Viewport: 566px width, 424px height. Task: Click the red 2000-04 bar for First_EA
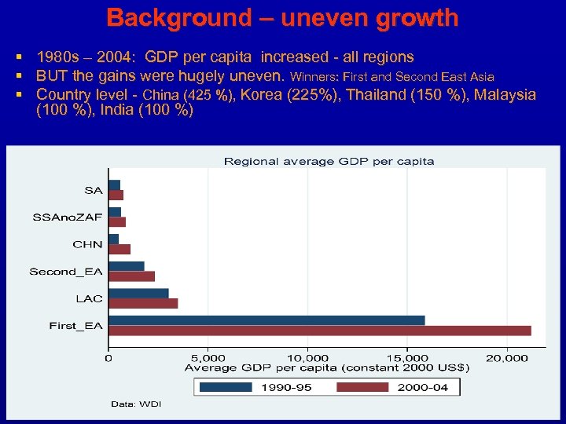coord(319,331)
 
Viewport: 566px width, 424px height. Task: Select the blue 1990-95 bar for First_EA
coord(266,320)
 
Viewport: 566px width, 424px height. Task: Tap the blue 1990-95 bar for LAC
coord(138,293)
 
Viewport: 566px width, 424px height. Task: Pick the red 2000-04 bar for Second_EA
coord(131,276)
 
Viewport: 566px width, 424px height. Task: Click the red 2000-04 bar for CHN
coord(119,249)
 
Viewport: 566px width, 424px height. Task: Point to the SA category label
coord(93,190)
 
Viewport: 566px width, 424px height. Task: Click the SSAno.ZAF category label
coord(68,217)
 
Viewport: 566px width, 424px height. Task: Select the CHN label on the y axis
coord(87,244)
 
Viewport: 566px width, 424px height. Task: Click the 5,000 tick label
coord(208,358)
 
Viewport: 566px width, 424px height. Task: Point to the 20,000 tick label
coord(507,358)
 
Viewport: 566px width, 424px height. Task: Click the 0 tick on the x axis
coord(108,358)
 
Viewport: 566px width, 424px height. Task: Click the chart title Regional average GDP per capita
coord(329,161)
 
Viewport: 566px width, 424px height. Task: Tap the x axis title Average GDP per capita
coord(326,367)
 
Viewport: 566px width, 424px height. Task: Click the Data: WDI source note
coord(135,404)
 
